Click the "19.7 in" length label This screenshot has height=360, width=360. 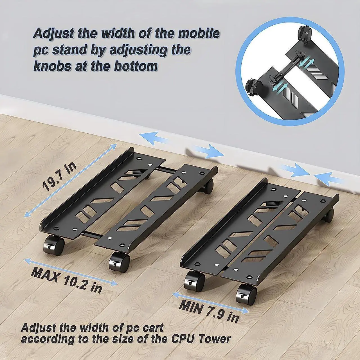pyautogui.click(x=59, y=177)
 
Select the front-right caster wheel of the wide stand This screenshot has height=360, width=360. pyautogui.click(x=119, y=262)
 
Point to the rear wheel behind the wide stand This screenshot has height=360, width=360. pyautogui.click(x=208, y=187)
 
